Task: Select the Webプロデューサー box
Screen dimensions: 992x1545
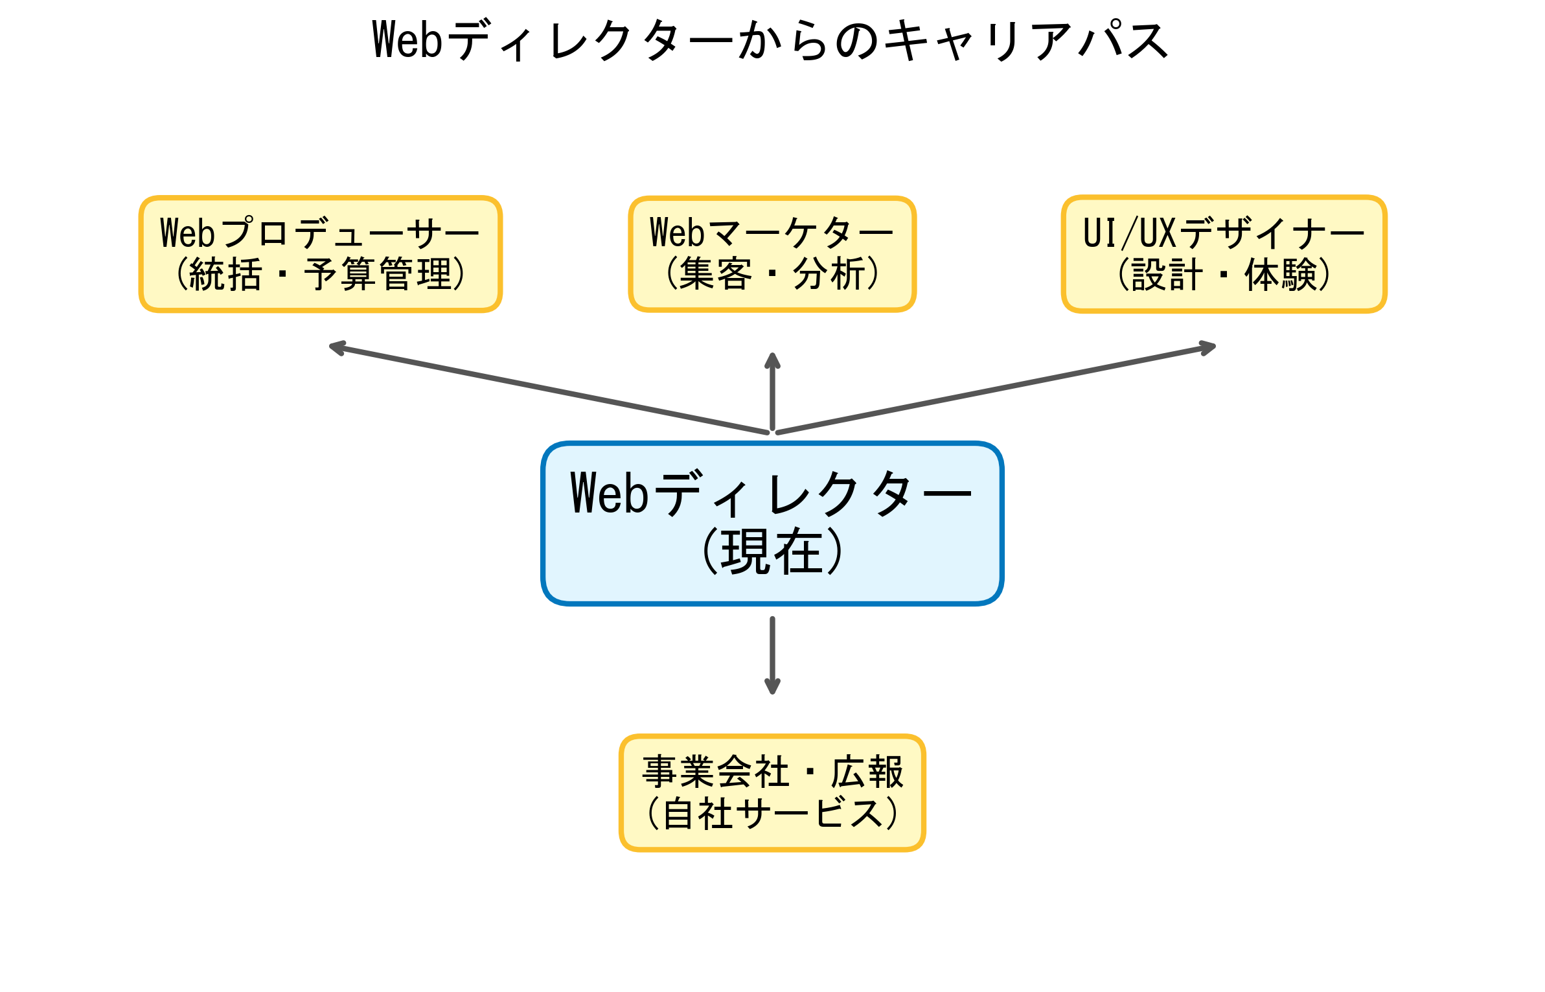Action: [321, 254]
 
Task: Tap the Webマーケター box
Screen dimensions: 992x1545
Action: [772, 254]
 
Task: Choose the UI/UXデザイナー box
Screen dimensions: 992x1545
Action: [1224, 254]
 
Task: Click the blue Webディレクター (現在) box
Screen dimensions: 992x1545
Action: [772, 524]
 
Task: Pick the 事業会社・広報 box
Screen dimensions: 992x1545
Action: [772, 792]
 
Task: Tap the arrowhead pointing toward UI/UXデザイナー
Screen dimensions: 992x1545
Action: [1207, 348]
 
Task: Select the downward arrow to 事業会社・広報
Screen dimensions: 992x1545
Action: [772, 654]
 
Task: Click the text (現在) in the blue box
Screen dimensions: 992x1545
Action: [772, 552]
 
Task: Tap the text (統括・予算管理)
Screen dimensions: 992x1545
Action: [321, 275]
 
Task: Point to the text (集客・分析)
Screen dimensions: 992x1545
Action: [772, 274]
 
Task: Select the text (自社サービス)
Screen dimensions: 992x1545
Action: [772, 814]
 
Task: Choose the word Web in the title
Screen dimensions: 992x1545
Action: [407, 40]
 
